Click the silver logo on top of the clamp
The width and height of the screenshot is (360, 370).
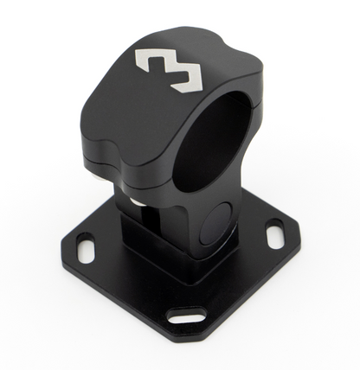point(170,68)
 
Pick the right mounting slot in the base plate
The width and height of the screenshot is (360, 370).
point(273,233)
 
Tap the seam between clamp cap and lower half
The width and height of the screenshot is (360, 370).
point(130,162)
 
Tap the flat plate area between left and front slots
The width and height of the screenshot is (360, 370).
point(130,290)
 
